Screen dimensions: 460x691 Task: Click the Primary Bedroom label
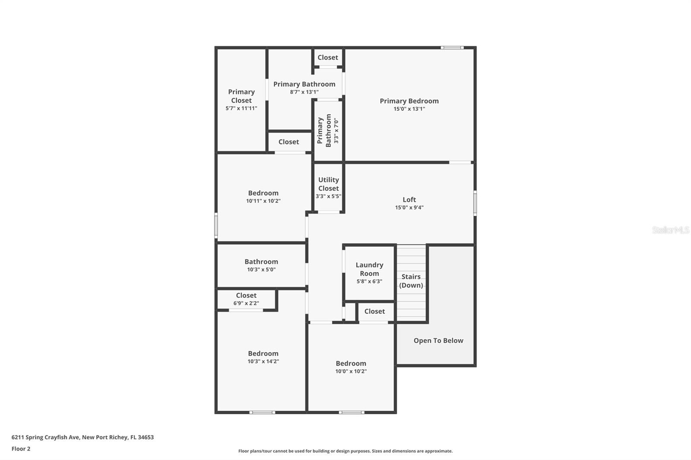pyautogui.click(x=409, y=101)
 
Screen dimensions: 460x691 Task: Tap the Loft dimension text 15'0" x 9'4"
pyautogui.click(x=409, y=208)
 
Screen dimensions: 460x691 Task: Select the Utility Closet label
pyautogui.click(x=328, y=184)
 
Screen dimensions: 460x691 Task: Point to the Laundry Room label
pyautogui.click(x=369, y=269)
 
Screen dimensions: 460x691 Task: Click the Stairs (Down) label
pyautogui.click(x=411, y=281)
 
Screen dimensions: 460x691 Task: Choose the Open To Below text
pyautogui.click(x=438, y=340)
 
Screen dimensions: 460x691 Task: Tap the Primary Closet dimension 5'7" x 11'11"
pyautogui.click(x=241, y=108)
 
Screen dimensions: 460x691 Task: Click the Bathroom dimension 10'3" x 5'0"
pyautogui.click(x=261, y=270)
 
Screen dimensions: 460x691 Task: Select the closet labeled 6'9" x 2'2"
pyautogui.click(x=246, y=299)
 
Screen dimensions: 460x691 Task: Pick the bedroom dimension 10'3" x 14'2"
pyautogui.click(x=263, y=362)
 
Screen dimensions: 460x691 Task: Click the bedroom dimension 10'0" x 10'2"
pyautogui.click(x=351, y=372)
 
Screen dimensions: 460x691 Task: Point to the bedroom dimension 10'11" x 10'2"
pyautogui.click(x=263, y=201)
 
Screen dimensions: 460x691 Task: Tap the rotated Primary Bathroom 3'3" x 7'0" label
pyautogui.click(x=328, y=131)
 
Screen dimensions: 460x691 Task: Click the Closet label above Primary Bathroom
pyautogui.click(x=328, y=57)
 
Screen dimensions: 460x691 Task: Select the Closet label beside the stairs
pyautogui.click(x=374, y=312)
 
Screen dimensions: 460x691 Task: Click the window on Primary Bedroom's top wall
pyautogui.click(x=452, y=47)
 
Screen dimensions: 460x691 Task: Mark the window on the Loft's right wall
pyautogui.click(x=475, y=203)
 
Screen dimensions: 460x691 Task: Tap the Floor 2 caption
pyautogui.click(x=21, y=449)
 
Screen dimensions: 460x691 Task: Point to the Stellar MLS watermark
pyautogui.click(x=670, y=230)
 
